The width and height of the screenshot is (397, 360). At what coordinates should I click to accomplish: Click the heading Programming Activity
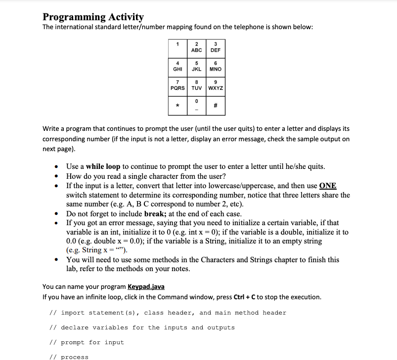coord(93,17)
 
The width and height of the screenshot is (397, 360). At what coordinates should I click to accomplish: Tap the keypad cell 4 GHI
coord(177,66)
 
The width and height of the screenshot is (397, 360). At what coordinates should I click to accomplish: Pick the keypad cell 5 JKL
coord(196,66)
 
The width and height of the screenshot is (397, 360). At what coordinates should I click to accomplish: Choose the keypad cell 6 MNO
coord(215,66)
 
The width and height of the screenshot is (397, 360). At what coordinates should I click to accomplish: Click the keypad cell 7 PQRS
coord(177,85)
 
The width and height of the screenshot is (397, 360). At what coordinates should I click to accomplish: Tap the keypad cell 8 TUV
coord(196,85)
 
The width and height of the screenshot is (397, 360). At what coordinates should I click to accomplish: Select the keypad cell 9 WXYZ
coord(216,85)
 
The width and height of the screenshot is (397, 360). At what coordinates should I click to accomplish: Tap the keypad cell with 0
coord(196,104)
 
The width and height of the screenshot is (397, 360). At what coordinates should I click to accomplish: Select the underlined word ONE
coord(328,186)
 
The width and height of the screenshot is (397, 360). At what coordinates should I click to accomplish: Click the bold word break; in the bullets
coord(158,214)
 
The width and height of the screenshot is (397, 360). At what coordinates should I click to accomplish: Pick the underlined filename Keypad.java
coord(146,287)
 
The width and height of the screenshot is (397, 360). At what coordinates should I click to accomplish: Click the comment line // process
coord(69,357)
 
